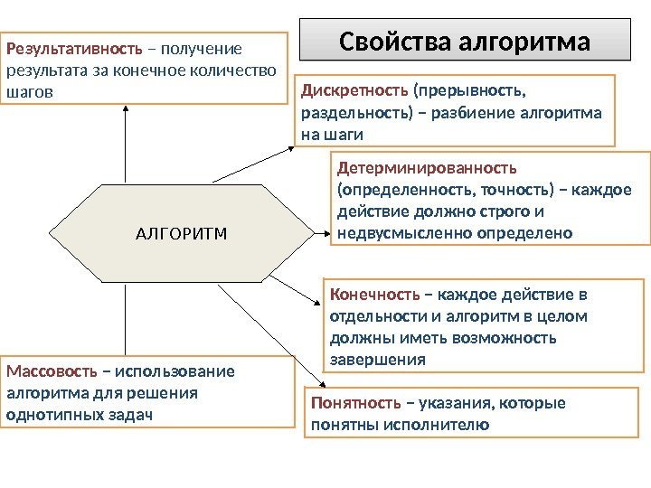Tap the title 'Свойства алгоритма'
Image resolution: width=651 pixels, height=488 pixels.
pos(464,42)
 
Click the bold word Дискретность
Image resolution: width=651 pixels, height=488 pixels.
pos(354,90)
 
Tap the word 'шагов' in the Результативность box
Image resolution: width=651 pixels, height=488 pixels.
pos(29,92)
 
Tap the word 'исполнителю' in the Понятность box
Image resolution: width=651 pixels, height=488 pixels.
pos(446,424)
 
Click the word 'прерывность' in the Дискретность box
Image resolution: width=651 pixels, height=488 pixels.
pos(470,90)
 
